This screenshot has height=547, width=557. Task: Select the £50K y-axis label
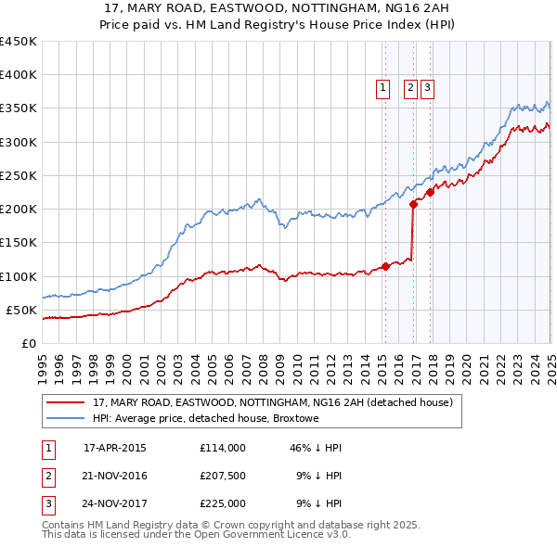22,310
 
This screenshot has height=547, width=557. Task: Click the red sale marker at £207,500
413,205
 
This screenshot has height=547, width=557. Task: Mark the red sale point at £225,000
430,193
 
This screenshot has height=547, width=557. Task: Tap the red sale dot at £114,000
385,267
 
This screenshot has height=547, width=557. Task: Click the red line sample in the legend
65,403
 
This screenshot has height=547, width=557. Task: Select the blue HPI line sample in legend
65,419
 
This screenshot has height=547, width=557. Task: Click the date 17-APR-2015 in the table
114,448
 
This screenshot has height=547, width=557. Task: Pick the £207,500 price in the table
222,476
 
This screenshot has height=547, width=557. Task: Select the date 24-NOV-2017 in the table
114,504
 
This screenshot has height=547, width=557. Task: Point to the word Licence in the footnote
296,534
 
